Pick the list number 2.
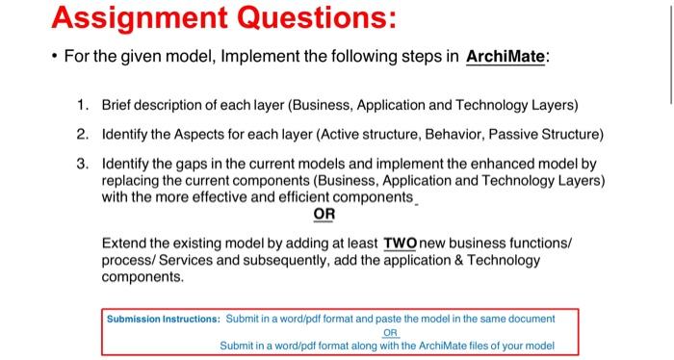(84, 133)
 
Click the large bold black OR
(324, 214)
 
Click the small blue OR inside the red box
(390, 332)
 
